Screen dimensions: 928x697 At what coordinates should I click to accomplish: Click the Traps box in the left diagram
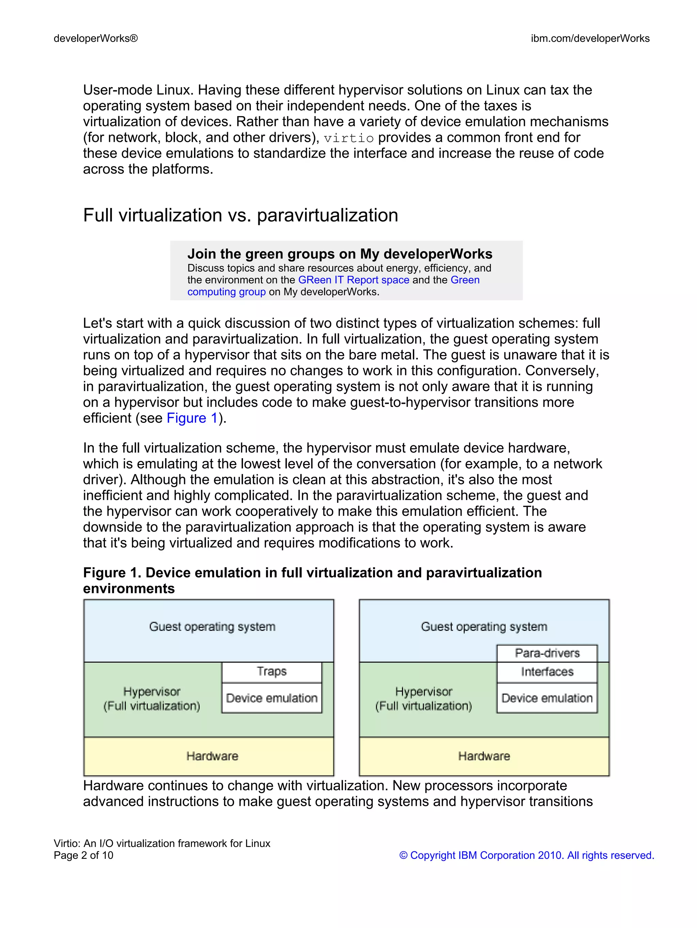tap(271, 672)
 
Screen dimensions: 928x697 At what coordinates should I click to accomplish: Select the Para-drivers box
tap(547, 653)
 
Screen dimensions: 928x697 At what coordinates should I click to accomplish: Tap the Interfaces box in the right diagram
tap(547, 672)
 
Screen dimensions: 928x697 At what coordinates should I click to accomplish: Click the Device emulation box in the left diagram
tap(271, 698)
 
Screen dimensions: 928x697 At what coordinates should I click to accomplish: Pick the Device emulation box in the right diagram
tap(547, 698)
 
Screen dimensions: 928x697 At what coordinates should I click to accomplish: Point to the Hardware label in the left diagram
tap(212, 756)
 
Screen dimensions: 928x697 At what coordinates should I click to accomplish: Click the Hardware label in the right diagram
tap(484, 756)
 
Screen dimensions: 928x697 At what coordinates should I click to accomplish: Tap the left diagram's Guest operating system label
tap(212, 627)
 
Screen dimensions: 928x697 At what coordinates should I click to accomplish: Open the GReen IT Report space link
tap(354, 280)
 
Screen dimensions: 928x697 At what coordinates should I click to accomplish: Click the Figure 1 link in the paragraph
tap(192, 418)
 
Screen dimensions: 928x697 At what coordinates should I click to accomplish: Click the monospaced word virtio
tap(348, 138)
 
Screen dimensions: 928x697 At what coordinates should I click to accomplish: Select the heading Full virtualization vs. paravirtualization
tap(240, 215)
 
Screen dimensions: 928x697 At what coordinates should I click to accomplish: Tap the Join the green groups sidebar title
tap(340, 254)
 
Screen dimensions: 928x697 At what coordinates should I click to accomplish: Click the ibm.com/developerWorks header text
tap(590, 38)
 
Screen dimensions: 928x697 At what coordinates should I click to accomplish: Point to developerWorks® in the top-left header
tap(96, 38)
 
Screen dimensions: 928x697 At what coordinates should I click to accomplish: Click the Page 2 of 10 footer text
tap(83, 855)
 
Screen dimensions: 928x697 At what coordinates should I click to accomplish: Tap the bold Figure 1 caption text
tap(312, 573)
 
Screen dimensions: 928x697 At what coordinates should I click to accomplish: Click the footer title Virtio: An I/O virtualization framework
tap(162, 843)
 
